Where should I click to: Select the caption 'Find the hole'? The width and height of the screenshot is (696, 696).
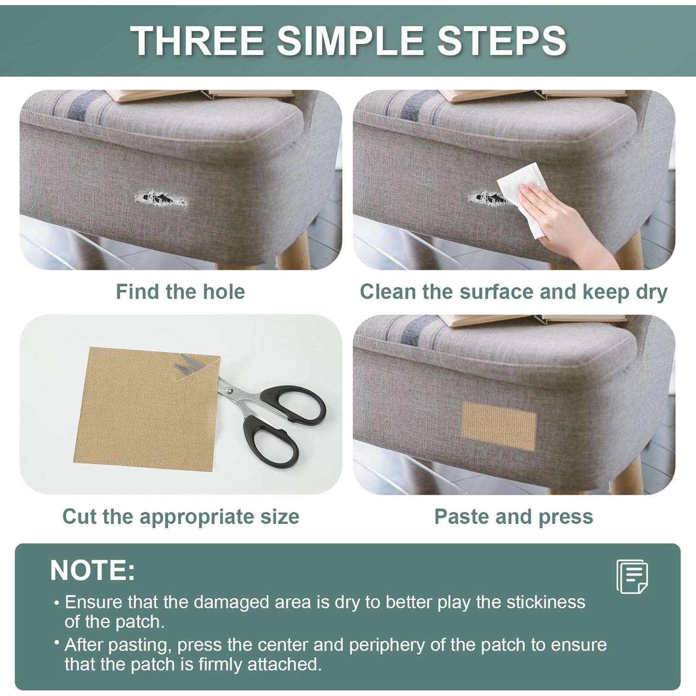(180, 292)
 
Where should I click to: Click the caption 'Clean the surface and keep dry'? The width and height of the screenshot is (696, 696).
(513, 292)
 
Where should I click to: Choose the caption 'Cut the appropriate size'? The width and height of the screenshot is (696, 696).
(180, 516)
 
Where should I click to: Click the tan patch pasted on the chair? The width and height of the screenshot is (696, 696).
(499, 425)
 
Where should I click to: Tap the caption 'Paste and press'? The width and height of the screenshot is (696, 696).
(513, 516)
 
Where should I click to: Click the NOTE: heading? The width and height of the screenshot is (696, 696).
(92, 570)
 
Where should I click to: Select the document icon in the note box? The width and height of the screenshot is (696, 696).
(632, 576)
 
